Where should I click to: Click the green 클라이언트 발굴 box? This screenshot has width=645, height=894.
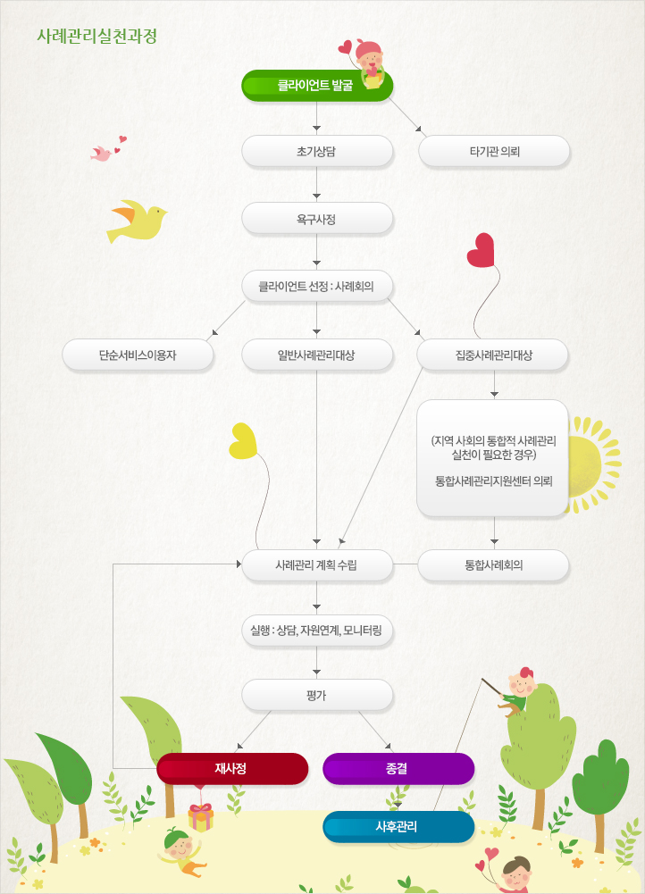pyautogui.click(x=317, y=86)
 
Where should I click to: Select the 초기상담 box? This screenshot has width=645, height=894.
pyautogui.click(x=317, y=151)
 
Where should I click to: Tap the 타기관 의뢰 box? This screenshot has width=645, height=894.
pyautogui.click(x=494, y=151)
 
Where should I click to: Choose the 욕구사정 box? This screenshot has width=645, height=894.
pyautogui.click(x=317, y=219)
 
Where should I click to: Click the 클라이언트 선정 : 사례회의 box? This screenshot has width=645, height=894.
pyautogui.click(x=317, y=286)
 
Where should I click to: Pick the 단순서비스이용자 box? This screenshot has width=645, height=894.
pyautogui.click(x=138, y=355)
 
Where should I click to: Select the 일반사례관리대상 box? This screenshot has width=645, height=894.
pyautogui.click(x=317, y=355)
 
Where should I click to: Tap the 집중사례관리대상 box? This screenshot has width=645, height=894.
pyautogui.click(x=493, y=355)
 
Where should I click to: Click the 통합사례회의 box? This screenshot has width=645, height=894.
pyautogui.click(x=493, y=565)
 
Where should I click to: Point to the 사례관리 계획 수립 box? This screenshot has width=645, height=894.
pyautogui.click(x=317, y=565)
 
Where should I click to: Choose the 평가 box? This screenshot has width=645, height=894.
pyautogui.click(x=317, y=695)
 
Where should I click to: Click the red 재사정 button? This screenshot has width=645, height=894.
pyautogui.click(x=232, y=768)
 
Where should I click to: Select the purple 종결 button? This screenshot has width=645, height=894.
pyautogui.click(x=398, y=768)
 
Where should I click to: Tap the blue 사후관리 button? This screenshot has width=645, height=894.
pyautogui.click(x=398, y=826)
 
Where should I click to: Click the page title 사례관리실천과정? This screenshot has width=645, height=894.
pyautogui.click(x=97, y=36)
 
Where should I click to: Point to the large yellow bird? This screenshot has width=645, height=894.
pyautogui.click(x=138, y=221)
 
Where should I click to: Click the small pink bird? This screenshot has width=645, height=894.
pyautogui.click(x=102, y=154)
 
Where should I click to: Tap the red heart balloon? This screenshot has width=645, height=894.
pyautogui.click(x=481, y=250)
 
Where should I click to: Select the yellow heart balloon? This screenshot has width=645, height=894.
pyautogui.click(x=243, y=440)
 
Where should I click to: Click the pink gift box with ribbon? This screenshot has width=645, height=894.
pyautogui.click(x=201, y=817)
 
